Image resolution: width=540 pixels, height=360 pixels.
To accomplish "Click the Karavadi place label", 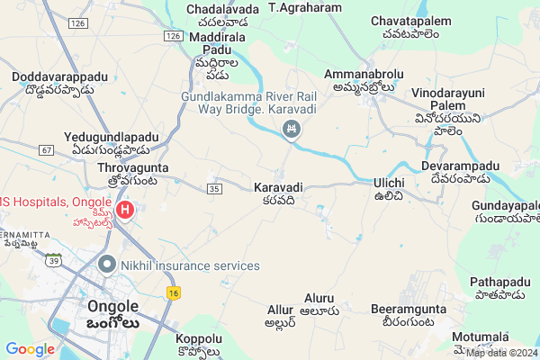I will tap(277, 187).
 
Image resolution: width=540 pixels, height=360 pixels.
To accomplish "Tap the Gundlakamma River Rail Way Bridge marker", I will tap(292, 131).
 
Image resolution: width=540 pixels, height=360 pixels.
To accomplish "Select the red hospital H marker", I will tap(125, 211).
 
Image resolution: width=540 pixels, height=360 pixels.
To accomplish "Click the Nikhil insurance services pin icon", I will tap(107, 265).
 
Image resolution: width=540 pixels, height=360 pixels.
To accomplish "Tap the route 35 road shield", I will tap(213, 188).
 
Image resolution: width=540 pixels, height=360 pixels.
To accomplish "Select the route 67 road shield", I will tap(47, 150).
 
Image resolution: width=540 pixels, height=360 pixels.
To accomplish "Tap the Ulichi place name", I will tap(389, 183).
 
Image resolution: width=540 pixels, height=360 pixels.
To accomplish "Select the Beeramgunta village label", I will tap(402, 310).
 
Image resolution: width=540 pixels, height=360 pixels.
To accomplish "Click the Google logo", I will tap(30, 349).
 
